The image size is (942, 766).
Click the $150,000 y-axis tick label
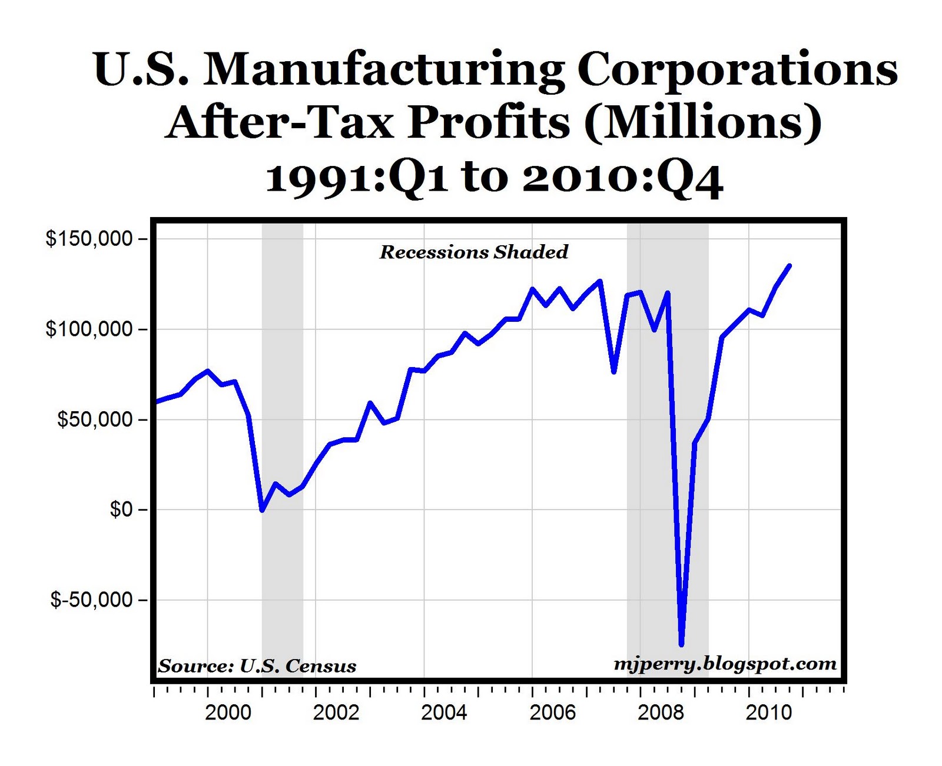click(89, 239)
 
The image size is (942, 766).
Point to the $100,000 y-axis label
click(89, 329)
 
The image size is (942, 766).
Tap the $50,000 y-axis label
click(94, 419)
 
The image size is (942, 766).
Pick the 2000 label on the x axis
click(228, 712)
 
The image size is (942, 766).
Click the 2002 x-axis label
click(336, 712)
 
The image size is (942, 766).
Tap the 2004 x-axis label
click(445, 712)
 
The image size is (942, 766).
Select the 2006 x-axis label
click(553, 712)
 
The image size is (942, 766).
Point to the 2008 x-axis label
click(661, 712)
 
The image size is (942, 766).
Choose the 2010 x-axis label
click(769, 712)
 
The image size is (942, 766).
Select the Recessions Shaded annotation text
click(474, 252)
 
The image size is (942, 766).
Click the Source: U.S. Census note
click(257, 666)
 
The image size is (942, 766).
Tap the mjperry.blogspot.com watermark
click(725, 664)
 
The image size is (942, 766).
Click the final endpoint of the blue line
click(790, 265)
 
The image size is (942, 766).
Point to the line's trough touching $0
click(262, 510)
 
